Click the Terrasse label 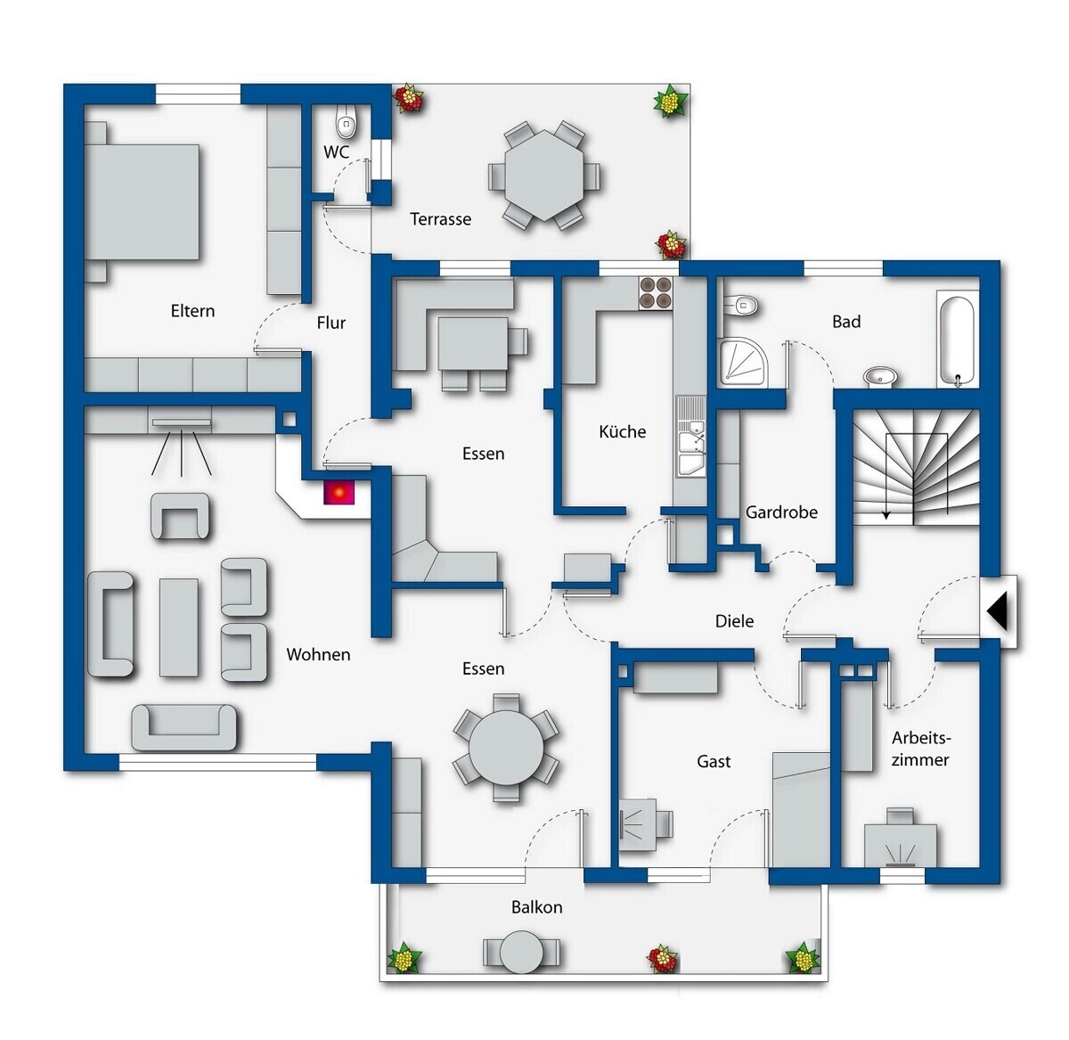(441, 219)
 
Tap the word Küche (623, 431)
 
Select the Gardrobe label (781, 512)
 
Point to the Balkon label (536, 907)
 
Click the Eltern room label (192, 311)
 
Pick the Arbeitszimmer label (920, 749)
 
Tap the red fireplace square (339, 493)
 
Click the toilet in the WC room (346, 125)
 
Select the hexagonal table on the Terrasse (543, 176)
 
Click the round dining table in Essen (506, 747)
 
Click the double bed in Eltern (141, 201)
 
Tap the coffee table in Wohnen (178, 627)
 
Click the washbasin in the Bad (880, 377)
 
